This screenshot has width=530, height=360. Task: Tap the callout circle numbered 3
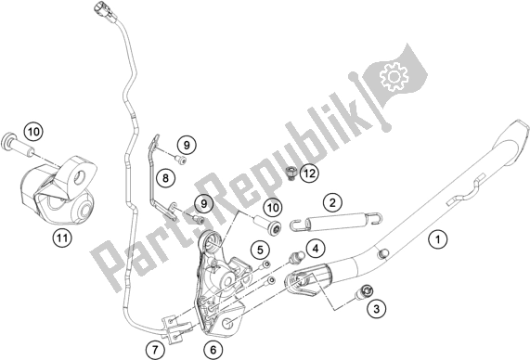tap(374, 307)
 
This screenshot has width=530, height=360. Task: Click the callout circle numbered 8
tap(165, 176)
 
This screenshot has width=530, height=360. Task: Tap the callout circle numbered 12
tap(283, 173)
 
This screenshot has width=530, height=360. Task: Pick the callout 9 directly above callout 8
tap(185, 144)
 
